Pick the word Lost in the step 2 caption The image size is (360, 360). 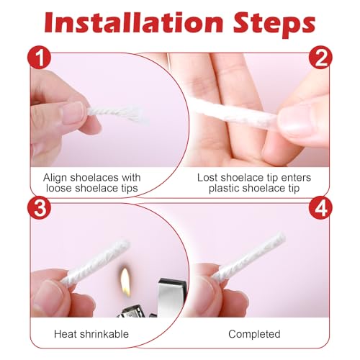pos(210,177)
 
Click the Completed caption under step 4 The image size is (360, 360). pos(253,334)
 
